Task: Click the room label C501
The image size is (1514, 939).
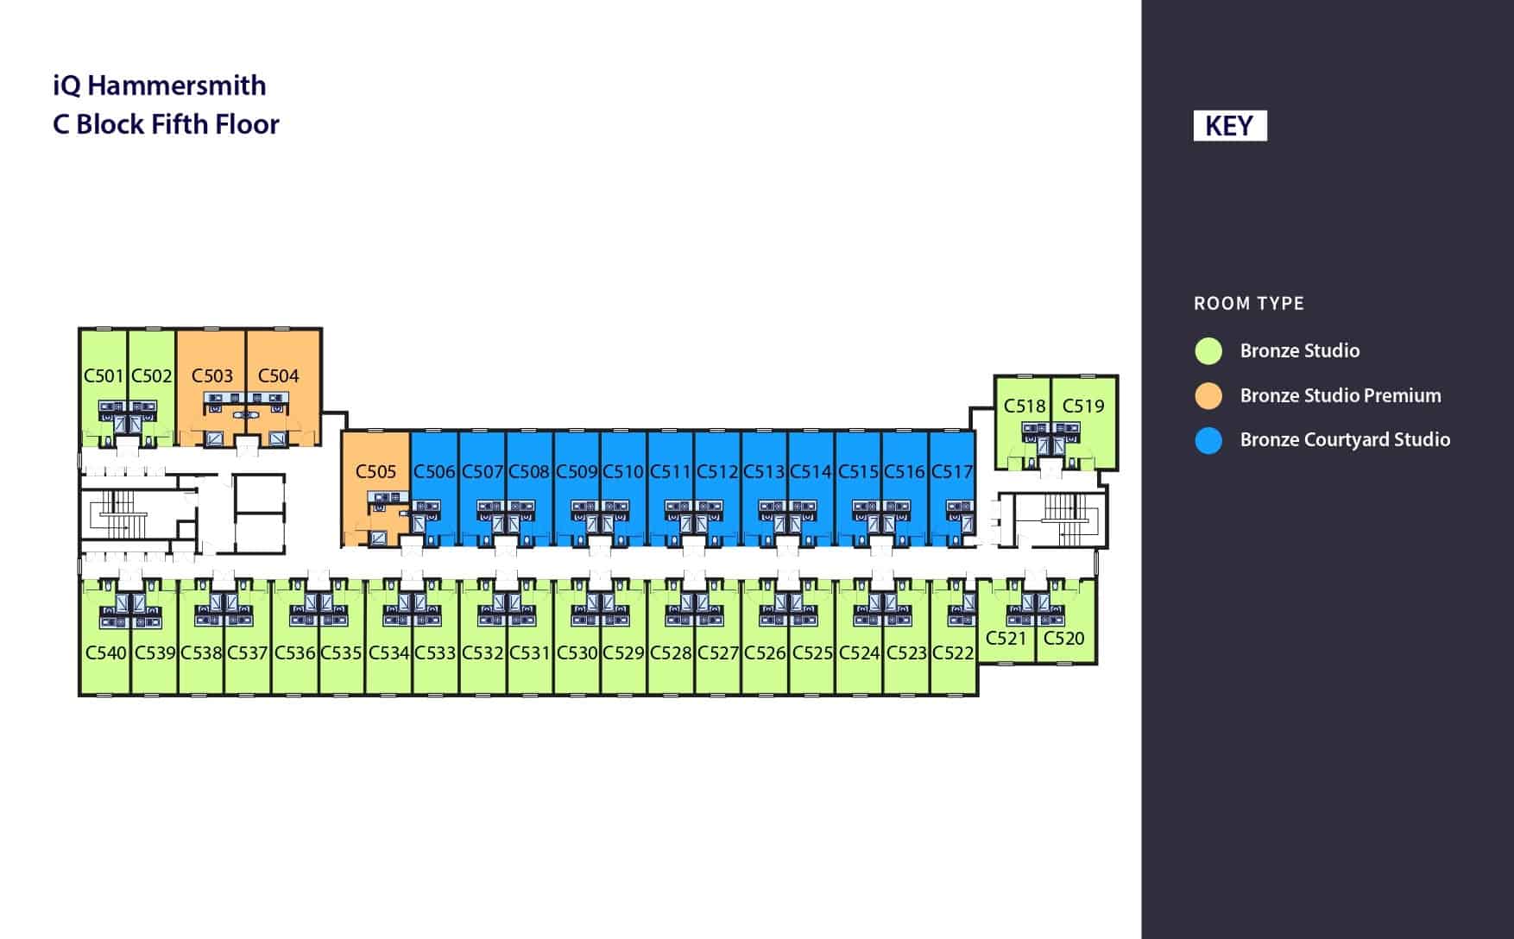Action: click(x=104, y=375)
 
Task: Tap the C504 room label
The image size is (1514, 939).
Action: click(x=278, y=375)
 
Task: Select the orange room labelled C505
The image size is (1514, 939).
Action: click(x=375, y=471)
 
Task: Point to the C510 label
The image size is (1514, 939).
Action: click(x=623, y=471)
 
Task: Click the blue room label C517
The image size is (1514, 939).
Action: click(x=952, y=471)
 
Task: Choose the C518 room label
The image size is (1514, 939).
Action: click(x=1025, y=406)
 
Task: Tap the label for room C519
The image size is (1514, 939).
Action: click(x=1083, y=406)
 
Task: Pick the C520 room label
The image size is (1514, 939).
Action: click(x=1063, y=638)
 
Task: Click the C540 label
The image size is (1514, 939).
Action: click(x=106, y=652)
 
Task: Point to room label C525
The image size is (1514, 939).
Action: click(x=812, y=652)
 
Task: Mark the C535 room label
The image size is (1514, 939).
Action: click(x=341, y=652)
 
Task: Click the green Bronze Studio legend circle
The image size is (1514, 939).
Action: click(x=1208, y=350)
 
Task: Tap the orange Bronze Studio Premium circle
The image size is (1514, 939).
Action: click(x=1208, y=395)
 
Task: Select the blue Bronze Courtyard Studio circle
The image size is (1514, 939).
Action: click(x=1208, y=440)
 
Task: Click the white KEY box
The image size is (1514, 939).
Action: click(x=1230, y=126)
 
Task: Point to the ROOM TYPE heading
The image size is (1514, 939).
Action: click(x=1249, y=303)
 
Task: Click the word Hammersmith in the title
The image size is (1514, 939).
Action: click(x=177, y=85)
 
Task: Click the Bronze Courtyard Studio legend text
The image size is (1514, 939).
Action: click(x=1345, y=439)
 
